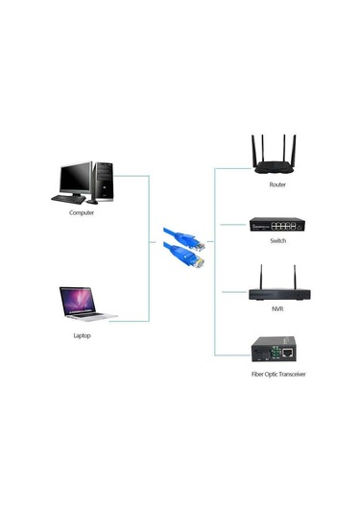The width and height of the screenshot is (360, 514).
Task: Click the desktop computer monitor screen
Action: point(76,178)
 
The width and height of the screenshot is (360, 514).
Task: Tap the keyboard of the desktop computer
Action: point(69,199)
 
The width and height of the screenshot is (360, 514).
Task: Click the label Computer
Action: point(82,213)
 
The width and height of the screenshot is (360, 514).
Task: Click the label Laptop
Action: point(82,336)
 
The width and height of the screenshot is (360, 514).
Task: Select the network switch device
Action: point(276,225)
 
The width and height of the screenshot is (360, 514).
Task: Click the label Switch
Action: point(277,242)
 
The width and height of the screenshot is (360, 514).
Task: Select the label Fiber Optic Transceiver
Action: point(277,374)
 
